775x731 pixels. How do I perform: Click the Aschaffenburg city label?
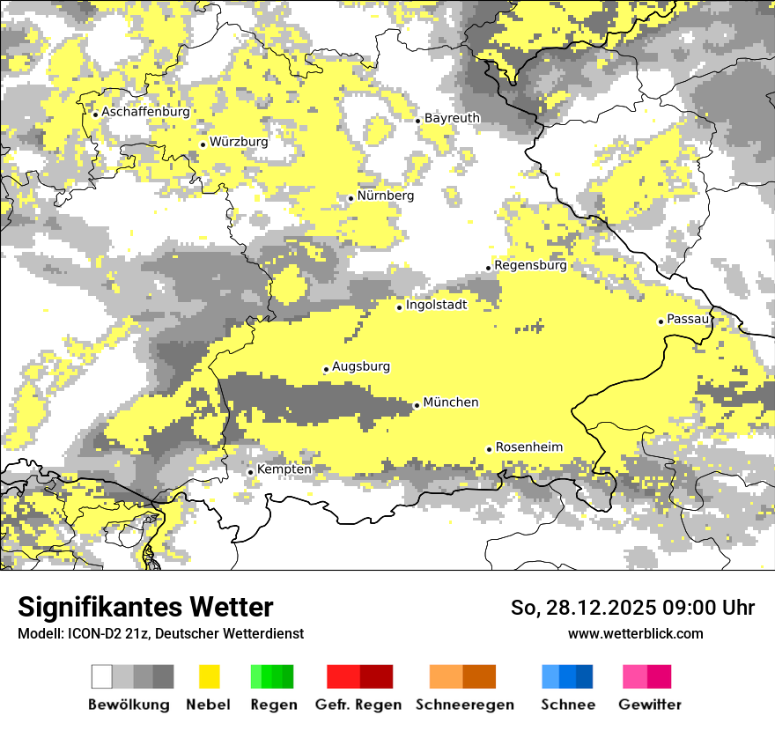pos(145,112)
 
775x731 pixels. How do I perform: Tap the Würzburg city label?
pos(239,142)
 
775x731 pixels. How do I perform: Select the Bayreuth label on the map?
pos(452,118)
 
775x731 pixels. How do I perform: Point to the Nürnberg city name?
pos(385,196)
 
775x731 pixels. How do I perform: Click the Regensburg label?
pos(530,265)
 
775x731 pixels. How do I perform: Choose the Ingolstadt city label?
pos(436,305)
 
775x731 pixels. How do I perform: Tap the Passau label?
pos(688,319)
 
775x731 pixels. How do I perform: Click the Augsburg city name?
pos(360,366)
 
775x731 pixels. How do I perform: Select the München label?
pos(451,402)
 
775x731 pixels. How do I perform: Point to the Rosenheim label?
pos(528,447)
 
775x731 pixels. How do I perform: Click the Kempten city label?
pos(284,469)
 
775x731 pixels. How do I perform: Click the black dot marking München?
pos(417,405)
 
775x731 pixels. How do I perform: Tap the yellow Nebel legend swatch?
pos(210,676)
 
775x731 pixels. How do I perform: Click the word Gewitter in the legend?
pos(649,705)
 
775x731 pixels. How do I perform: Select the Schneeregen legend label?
pos(464,705)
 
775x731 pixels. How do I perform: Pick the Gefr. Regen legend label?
pos(358,705)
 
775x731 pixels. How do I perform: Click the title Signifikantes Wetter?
pos(145,608)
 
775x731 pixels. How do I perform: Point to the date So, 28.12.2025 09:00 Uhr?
pos(632,608)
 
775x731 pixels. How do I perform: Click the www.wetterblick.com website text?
pos(635,633)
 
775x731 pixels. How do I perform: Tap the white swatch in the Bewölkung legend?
pos(102,676)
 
